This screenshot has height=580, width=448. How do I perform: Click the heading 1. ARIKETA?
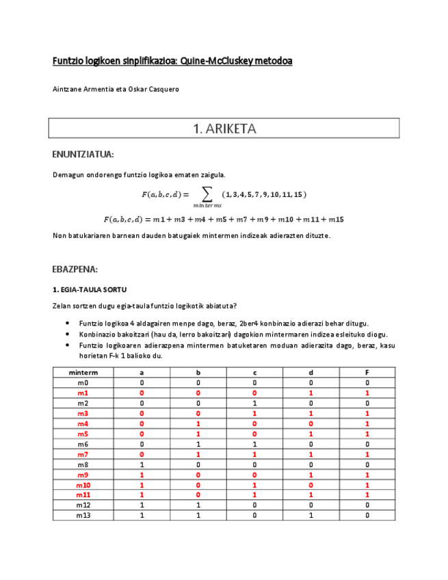(x=224, y=128)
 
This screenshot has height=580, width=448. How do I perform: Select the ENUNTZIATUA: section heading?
(x=83, y=154)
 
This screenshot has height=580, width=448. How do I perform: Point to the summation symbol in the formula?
(x=203, y=194)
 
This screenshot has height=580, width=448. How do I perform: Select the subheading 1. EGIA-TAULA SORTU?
(x=90, y=290)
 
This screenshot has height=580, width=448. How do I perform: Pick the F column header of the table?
(x=367, y=373)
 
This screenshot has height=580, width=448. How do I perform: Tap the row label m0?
(x=83, y=383)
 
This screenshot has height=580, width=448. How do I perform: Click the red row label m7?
(x=83, y=454)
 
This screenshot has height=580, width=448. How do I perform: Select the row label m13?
(x=83, y=515)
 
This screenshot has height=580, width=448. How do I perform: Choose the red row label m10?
(x=83, y=485)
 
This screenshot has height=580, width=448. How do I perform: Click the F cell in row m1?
(x=367, y=393)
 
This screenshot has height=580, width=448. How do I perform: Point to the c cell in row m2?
(x=254, y=404)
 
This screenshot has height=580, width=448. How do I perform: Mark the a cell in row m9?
(x=142, y=475)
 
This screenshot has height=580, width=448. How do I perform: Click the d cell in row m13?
(x=311, y=515)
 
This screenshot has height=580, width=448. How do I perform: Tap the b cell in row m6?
(x=198, y=444)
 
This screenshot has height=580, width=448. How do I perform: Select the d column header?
(x=311, y=373)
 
